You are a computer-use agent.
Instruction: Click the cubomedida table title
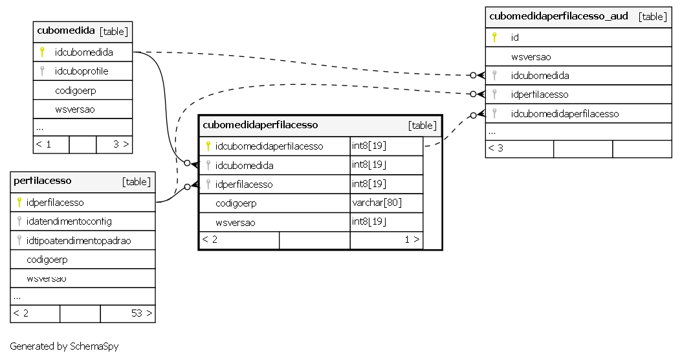pyautogui.click(x=66, y=30)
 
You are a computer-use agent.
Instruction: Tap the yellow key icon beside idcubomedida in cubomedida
pyautogui.click(x=42, y=52)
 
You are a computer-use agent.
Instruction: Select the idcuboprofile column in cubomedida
pyautogui.click(x=82, y=71)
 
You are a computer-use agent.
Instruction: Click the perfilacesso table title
pyautogui.click(x=42, y=181)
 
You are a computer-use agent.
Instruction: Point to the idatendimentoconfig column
pyautogui.click(x=69, y=221)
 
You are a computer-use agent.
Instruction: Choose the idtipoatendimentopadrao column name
pyautogui.click(x=78, y=241)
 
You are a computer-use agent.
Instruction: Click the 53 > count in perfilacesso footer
pyautogui.click(x=142, y=313)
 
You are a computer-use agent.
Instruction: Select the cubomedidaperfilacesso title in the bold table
pyautogui.click(x=260, y=125)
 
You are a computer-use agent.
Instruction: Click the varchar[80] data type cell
pyautogui.click(x=377, y=203)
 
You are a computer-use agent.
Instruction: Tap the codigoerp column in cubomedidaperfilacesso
pyautogui.click(x=236, y=203)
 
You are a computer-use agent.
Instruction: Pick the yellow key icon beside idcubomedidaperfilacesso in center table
pyautogui.click(x=208, y=146)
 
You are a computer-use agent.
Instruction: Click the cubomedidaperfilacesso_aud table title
pyautogui.click(x=558, y=16)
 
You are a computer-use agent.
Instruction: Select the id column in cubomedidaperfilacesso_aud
pyautogui.click(x=515, y=38)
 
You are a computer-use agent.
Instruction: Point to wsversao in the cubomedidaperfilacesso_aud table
pyautogui.click(x=531, y=57)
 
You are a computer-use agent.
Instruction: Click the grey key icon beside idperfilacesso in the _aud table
pyautogui.click(x=494, y=95)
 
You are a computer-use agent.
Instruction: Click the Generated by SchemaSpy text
pyautogui.click(x=64, y=346)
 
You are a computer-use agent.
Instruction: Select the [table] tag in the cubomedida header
pyautogui.click(x=113, y=31)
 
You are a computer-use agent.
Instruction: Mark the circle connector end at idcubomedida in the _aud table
pyautogui.click(x=473, y=75)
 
